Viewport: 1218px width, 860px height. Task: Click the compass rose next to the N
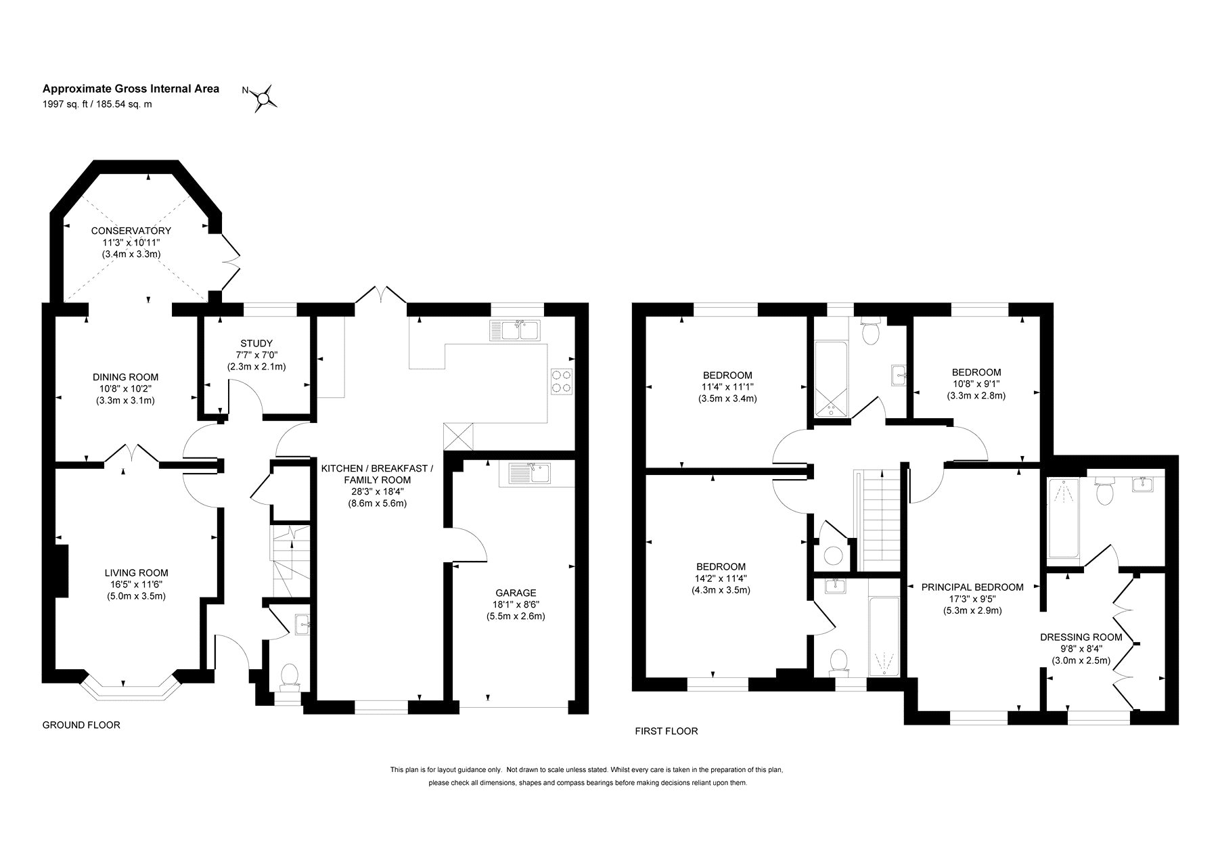coord(265,98)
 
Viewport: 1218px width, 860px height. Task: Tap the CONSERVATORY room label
coord(131,231)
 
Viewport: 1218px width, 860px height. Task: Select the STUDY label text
coord(256,344)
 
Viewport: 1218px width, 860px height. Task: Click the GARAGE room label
coord(515,593)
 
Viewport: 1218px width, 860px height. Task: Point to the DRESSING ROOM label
coord(1081,637)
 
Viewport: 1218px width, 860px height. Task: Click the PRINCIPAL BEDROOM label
coord(972,587)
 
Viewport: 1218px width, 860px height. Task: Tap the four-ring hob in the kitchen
coord(561,381)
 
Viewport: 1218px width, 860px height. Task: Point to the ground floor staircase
coord(290,561)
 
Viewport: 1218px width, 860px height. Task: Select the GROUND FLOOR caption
coord(81,725)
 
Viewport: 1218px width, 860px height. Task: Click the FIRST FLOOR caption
coord(667,731)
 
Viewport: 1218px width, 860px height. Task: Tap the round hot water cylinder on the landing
coord(833,556)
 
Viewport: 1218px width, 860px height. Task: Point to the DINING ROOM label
coord(126,377)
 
